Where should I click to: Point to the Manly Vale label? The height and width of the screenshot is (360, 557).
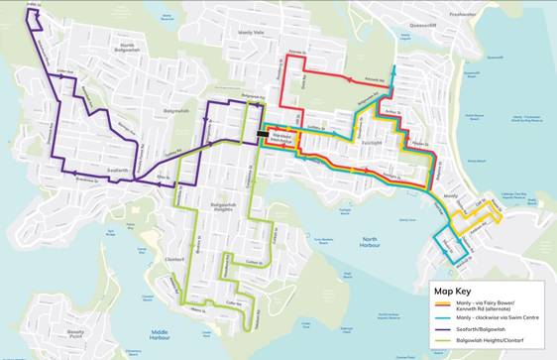point(252,34)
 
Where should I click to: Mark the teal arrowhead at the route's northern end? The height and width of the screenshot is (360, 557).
point(393,70)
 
